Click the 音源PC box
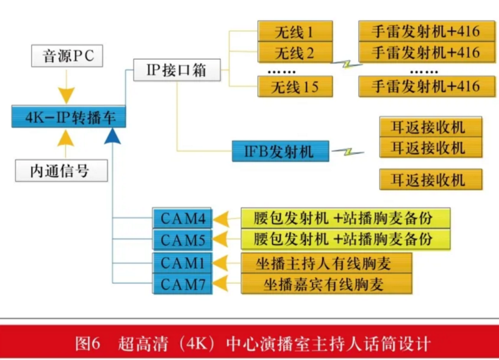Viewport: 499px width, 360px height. [x=67, y=56]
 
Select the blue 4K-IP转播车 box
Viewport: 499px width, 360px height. [x=69, y=117]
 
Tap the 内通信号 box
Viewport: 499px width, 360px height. [x=61, y=170]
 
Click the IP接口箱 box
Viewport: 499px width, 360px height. [x=177, y=70]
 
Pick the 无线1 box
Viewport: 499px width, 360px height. [x=295, y=31]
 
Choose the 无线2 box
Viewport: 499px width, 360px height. [x=295, y=52]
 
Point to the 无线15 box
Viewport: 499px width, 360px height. [x=295, y=86]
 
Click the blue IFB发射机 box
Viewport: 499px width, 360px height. [x=280, y=151]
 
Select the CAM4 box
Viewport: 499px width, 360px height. [x=182, y=218]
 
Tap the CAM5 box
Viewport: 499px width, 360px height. [x=182, y=240]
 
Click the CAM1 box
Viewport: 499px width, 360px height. [x=182, y=263]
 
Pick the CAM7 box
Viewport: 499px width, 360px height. [x=182, y=284]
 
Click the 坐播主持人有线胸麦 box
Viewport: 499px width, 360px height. [x=326, y=263]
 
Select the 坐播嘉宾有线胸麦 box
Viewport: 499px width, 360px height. [x=326, y=284]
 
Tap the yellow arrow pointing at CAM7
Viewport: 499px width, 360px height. [x=226, y=283]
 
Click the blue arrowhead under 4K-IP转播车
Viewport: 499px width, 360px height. [x=112, y=136]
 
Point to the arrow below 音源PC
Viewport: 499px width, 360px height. [x=67, y=87]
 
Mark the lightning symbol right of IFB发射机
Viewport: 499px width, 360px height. [x=348, y=152]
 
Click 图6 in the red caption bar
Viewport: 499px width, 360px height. [x=87, y=344]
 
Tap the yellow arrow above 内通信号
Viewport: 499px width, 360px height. [x=65, y=144]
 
